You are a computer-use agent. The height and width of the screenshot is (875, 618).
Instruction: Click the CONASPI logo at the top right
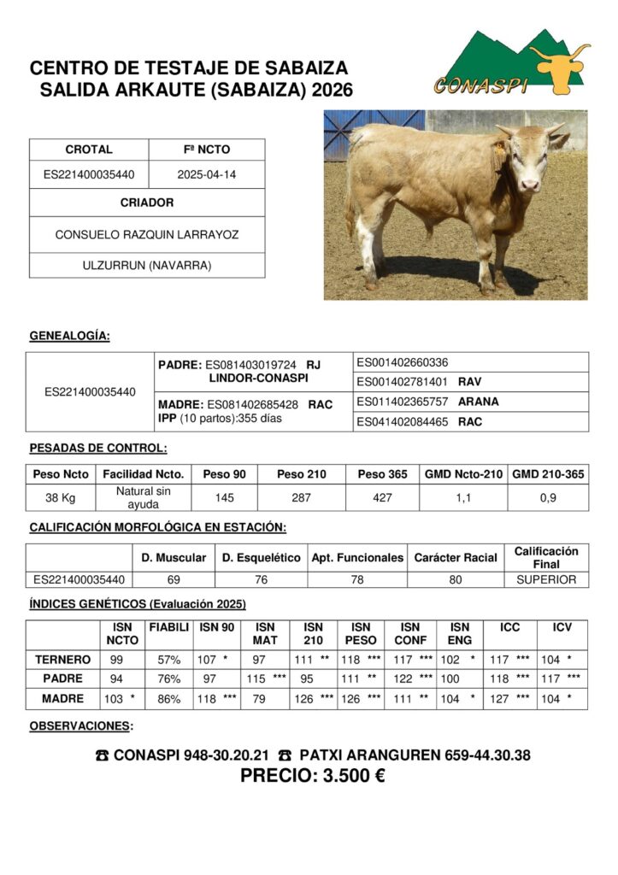pyautogui.click(x=510, y=64)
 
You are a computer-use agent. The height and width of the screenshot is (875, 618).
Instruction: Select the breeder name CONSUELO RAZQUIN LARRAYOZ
pyautogui.click(x=147, y=234)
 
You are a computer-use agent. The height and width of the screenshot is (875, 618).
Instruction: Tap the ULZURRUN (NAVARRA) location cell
pyautogui.click(x=147, y=265)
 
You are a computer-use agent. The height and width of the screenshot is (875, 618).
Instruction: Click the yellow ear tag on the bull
pyautogui.click(x=498, y=147)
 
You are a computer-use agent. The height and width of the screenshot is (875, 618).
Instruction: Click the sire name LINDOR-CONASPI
pyautogui.click(x=258, y=378)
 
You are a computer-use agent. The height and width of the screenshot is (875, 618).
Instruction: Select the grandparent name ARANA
pyautogui.click(x=479, y=402)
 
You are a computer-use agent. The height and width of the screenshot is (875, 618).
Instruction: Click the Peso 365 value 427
pyautogui.click(x=383, y=498)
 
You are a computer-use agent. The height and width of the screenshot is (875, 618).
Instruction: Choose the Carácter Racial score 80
pyautogui.click(x=456, y=579)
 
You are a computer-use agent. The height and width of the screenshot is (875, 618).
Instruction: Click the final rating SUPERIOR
pyautogui.click(x=546, y=579)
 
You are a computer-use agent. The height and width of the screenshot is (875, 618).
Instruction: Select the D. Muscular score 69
pyautogui.click(x=174, y=579)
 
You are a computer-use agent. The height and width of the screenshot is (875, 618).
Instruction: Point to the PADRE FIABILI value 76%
pyautogui.click(x=169, y=679)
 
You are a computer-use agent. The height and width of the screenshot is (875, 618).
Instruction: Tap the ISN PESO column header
pyautogui.click(x=361, y=633)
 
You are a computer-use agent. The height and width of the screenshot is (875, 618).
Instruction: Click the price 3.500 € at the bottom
pyautogui.click(x=312, y=776)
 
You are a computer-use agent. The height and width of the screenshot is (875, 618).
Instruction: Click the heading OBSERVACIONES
pyautogui.click(x=81, y=726)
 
